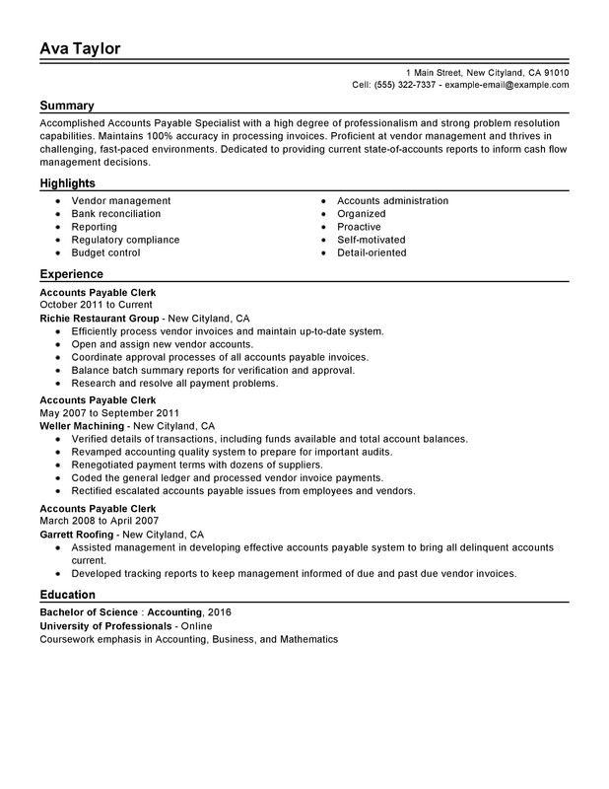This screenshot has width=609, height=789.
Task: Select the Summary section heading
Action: tap(67, 106)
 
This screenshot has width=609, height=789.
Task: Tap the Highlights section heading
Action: tap(67, 183)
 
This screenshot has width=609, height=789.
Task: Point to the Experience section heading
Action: tap(71, 274)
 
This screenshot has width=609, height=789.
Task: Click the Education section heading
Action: tap(68, 595)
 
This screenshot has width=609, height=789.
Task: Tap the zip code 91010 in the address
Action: tap(555, 73)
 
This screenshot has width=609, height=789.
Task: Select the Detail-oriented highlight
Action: tap(372, 252)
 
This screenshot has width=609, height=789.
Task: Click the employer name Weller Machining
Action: tap(83, 425)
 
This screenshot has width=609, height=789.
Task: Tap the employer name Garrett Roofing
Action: tap(78, 534)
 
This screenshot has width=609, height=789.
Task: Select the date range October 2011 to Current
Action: tap(91, 306)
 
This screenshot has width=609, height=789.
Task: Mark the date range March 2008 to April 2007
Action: tap(92, 521)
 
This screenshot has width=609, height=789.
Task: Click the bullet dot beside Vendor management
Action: tap(60, 201)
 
